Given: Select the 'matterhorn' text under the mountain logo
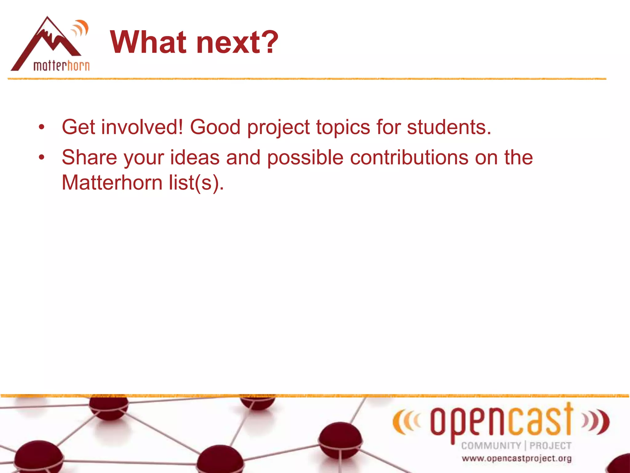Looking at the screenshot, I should click(x=62, y=66).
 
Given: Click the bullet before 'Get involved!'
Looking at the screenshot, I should click(x=42, y=127).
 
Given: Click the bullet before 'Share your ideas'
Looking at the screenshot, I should click(x=42, y=157).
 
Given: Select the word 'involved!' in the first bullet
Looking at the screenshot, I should click(x=142, y=127).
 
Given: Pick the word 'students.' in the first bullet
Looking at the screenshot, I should click(x=449, y=127).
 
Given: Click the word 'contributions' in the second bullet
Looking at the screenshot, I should click(x=409, y=157).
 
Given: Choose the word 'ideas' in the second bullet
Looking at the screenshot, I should click(x=195, y=157).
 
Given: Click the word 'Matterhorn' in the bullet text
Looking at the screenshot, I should click(x=112, y=183).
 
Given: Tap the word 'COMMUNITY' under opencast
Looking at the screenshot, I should click(x=491, y=446).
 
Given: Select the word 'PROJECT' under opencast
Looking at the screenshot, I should click(x=550, y=446).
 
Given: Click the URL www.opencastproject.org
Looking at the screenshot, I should click(x=516, y=459).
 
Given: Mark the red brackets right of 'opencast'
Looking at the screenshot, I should click(x=596, y=421).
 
